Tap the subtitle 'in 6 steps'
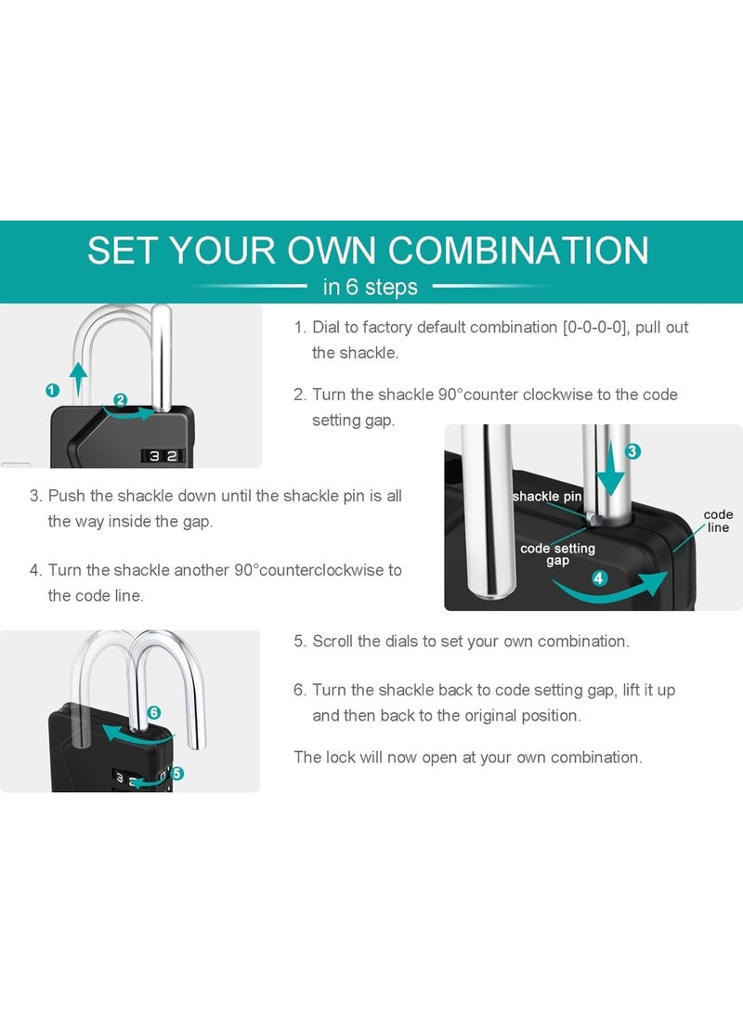[371, 286]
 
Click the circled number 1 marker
[53, 390]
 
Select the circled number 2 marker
[120, 400]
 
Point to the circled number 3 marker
[633, 451]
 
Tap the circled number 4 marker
[599, 578]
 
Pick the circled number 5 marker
[177, 773]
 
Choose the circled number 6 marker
[154, 712]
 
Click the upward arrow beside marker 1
[78, 380]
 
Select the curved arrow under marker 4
[608, 587]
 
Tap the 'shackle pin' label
[547, 496]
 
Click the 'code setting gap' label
[557, 554]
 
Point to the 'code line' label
[719, 521]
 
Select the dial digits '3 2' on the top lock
[163, 456]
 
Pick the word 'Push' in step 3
[67, 496]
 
